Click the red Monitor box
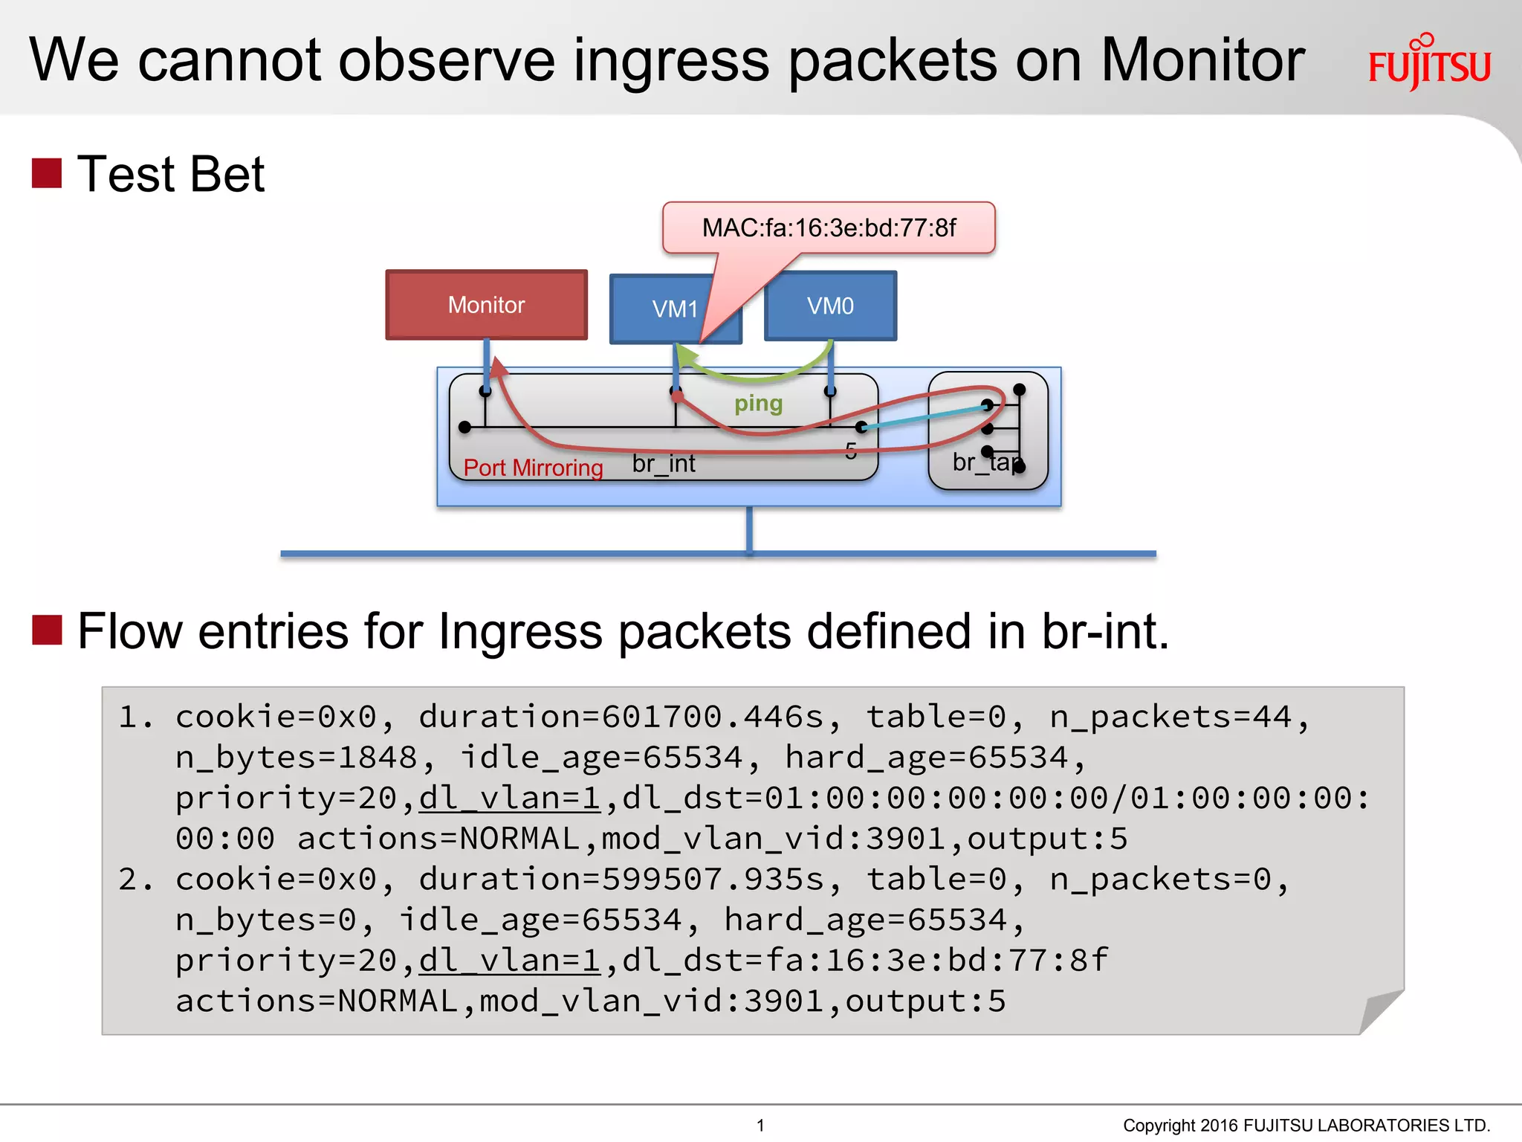(x=486, y=305)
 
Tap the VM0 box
(x=830, y=306)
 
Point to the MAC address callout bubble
(x=829, y=228)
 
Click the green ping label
(x=758, y=404)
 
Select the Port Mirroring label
(x=533, y=468)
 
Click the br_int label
(x=664, y=464)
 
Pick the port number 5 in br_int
(x=851, y=451)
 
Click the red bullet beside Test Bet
(x=47, y=173)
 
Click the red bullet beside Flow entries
(x=47, y=630)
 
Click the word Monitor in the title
(x=1202, y=60)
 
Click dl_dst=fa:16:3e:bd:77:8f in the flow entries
(x=865, y=961)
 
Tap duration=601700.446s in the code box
(x=621, y=717)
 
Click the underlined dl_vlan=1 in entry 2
(x=510, y=961)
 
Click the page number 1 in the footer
(x=760, y=1125)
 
